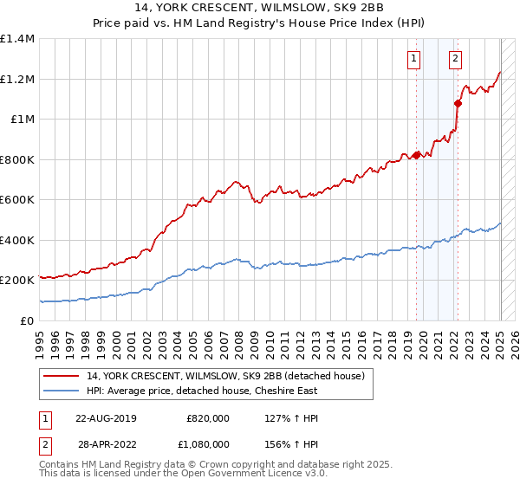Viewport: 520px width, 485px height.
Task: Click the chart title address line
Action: (x=259, y=7)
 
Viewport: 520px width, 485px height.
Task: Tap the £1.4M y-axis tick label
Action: (x=17, y=39)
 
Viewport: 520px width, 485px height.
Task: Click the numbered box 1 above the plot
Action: (x=414, y=60)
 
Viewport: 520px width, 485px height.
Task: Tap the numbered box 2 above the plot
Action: (x=455, y=60)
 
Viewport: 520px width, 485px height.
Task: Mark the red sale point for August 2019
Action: (x=416, y=155)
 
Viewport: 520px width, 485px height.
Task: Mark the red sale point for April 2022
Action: (x=458, y=103)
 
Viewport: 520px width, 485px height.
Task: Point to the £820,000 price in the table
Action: (x=207, y=418)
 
